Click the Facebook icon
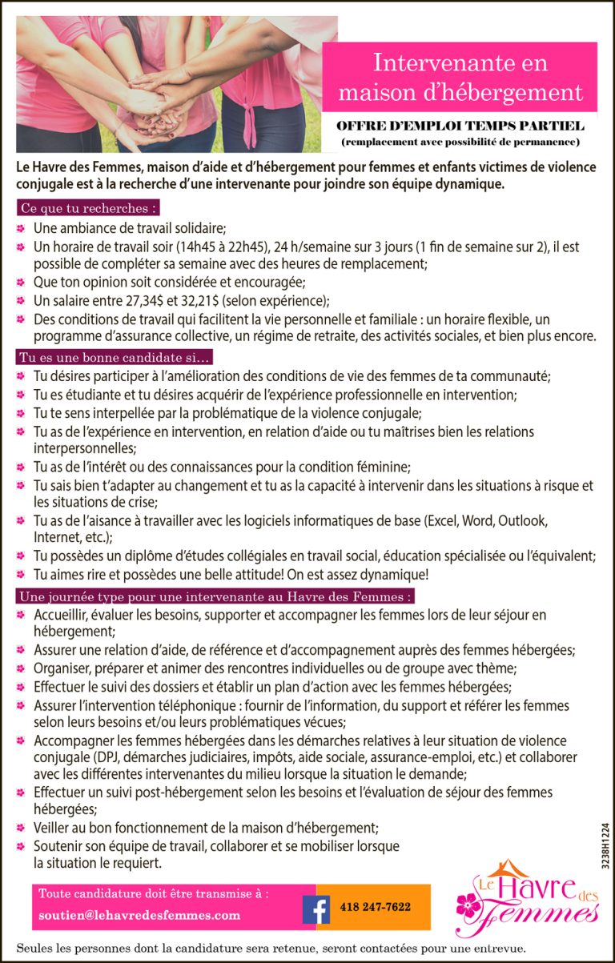(x=316, y=908)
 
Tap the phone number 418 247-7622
(x=375, y=907)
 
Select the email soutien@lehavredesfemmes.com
(x=139, y=915)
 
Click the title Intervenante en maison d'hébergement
(x=460, y=77)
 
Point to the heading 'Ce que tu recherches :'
(x=86, y=208)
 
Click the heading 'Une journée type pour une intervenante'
(x=215, y=596)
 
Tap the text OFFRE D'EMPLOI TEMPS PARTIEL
(x=460, y=126)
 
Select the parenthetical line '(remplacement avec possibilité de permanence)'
(x=460, y=142)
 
